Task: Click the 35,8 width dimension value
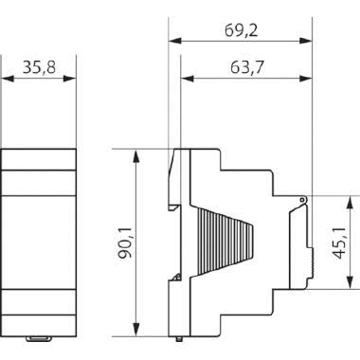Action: pos(39,67)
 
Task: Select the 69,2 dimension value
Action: pos(241,30)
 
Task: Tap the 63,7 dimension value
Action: pos(246,67)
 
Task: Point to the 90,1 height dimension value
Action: pos(125,243)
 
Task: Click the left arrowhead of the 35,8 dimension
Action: pos(8,79)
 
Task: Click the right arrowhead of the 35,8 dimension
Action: pos(70,79)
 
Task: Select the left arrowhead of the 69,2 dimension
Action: pos(175,41)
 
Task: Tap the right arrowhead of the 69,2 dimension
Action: pos(306,41)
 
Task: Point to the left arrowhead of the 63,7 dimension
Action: pos(187,79)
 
